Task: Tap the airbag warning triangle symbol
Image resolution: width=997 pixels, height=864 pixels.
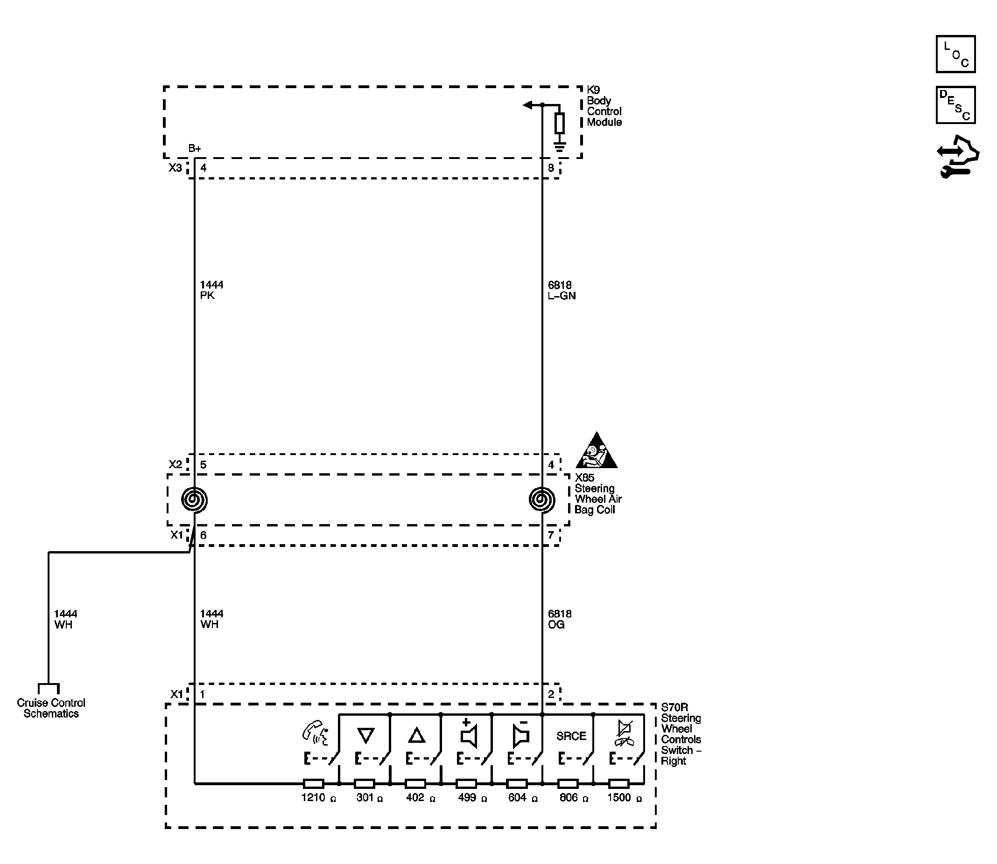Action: [596, 450]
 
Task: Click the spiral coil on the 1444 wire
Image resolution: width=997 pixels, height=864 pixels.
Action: [195, 499]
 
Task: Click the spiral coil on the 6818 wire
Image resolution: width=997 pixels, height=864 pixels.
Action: [542, 499]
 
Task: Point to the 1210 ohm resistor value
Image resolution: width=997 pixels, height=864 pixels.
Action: [318, 798]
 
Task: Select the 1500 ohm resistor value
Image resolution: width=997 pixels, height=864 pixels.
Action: [625, 798]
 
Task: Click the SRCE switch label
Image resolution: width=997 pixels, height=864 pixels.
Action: [571, 736]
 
